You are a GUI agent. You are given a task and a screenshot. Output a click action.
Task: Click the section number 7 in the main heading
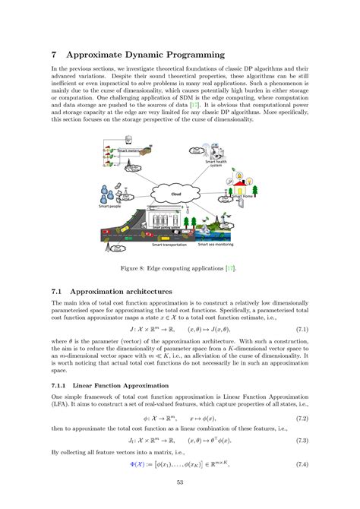point(54,55)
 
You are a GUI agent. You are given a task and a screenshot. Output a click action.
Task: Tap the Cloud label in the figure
point(176,194)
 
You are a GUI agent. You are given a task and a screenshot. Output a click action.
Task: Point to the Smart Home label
point(242,197)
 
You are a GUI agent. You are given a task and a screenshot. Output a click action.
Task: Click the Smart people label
point(110,205)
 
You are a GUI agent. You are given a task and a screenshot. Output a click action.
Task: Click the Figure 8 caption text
point(180,267)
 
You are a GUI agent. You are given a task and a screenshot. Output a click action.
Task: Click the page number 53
point(180,482)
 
